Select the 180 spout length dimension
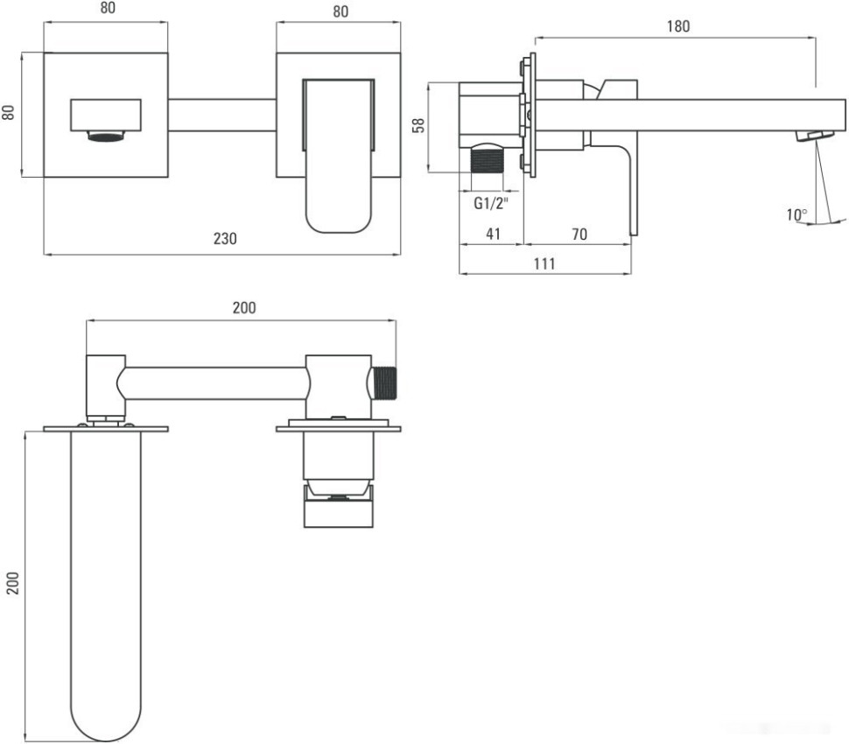click(x=677, y=26)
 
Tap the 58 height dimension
click(x=418, y=126)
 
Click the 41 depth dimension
click(x=491, y=235)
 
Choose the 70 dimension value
click(x=579, y=235)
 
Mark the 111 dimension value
click(x=544, y=264)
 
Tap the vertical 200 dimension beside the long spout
click(x=12, y=582)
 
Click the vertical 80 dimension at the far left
click(x=9, y=114)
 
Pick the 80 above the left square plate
click(x=107, y=10)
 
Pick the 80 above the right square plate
click(x=340, y=11)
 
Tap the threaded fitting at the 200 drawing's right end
click(x=385, y=383)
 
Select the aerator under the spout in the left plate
click(x=105, y=136)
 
